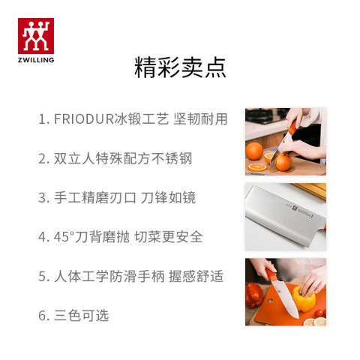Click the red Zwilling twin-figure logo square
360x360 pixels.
(36, 36)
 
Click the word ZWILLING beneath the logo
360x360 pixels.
(36, 60)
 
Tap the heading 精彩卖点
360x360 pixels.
(180, 67)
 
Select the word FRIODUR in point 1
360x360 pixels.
(84, 118)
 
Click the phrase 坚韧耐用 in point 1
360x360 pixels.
(200, 118)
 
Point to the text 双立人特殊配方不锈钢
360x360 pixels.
(123, 158)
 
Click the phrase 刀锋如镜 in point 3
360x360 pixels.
(168, 197)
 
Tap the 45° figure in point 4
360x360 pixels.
(64, 237)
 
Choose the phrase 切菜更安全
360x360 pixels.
(169, 237)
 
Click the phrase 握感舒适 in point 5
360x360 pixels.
(196, 276)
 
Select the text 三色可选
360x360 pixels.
(82, 315)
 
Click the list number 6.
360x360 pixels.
(43, 316)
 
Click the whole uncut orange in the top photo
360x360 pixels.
(254, 151)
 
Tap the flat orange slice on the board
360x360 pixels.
(257, 167)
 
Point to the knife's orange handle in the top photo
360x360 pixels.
(292, 127)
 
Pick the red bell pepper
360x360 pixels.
(253, 295)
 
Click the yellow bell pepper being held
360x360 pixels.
(304, 299)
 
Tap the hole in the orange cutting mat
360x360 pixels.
(271, 301)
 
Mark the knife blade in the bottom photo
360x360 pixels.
(286, 299)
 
